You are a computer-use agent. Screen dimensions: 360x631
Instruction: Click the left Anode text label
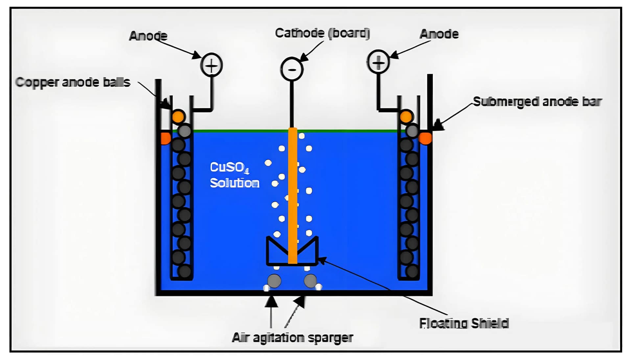(148, 36)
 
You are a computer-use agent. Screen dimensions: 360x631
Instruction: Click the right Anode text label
(439, 34)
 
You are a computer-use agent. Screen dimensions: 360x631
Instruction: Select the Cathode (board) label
(322, 33)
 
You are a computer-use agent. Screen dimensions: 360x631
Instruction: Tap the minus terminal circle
(292, 69)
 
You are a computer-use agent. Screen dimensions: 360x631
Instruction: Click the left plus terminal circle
(211, 65)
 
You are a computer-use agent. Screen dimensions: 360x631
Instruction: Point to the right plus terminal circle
(378, 62)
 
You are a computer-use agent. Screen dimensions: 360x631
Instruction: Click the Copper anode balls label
(73, 82)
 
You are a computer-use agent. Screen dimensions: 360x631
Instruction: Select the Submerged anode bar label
(537, 102)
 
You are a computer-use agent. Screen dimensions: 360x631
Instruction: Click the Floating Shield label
(464, 323)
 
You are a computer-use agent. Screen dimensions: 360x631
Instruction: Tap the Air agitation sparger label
(292, 338)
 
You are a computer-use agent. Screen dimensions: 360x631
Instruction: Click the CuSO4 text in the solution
(229, 167)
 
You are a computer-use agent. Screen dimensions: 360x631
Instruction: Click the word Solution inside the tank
(234, 183)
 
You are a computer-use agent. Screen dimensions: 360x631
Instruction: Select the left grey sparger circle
(274, 281)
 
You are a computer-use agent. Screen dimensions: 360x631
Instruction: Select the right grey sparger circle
(310, 281)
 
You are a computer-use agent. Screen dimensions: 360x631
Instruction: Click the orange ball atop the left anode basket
(178, 116)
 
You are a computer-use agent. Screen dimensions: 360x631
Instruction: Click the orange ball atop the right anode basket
(406, 117)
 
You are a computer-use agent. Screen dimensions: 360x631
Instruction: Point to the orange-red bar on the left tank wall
(165, 138)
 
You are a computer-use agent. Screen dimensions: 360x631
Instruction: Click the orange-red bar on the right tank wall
(425, 138)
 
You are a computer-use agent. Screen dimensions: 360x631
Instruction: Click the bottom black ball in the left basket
(184, 272)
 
